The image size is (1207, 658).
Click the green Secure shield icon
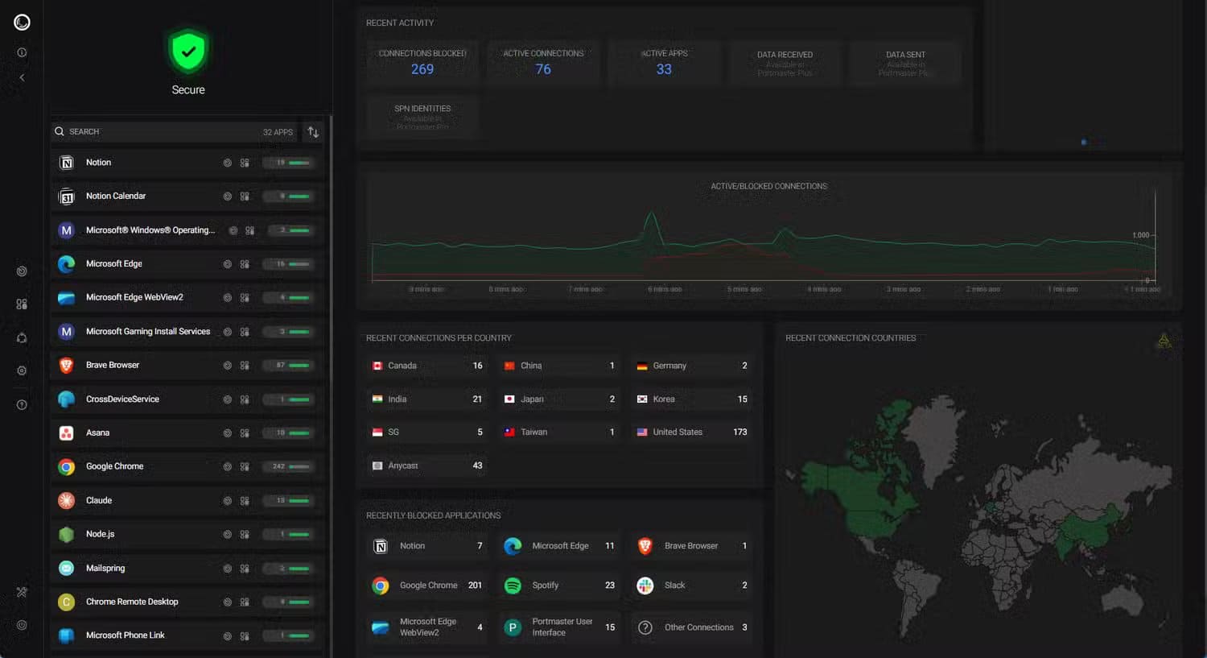187,52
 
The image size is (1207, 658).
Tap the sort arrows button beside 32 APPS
313,132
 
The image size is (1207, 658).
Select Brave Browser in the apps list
113,365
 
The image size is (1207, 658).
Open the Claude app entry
99,500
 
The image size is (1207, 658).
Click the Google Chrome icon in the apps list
67,467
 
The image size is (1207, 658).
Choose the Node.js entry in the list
101,534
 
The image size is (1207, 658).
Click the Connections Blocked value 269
422,69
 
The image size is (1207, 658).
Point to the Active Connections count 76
543,69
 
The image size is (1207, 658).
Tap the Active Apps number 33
664,69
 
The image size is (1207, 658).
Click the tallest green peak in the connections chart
651,214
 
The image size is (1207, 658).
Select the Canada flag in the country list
377,366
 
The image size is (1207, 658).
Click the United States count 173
739,432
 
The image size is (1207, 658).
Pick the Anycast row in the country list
427,466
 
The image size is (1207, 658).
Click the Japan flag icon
509,399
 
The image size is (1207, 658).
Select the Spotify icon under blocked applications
513,586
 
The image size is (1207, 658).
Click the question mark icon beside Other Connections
645,627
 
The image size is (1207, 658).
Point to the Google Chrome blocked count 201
475,586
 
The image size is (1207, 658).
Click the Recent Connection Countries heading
851,338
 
